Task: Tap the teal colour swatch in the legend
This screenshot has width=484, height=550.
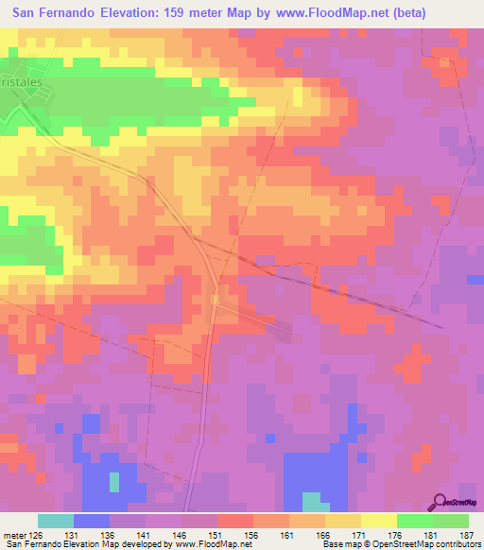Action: click(56, 521)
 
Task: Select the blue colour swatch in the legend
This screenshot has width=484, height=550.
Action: click(92, 521)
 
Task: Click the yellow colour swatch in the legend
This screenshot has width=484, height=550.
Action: click(379, 521)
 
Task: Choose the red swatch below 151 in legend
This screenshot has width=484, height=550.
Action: click(235, 521)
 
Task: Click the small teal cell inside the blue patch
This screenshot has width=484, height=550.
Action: click(114, 481)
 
